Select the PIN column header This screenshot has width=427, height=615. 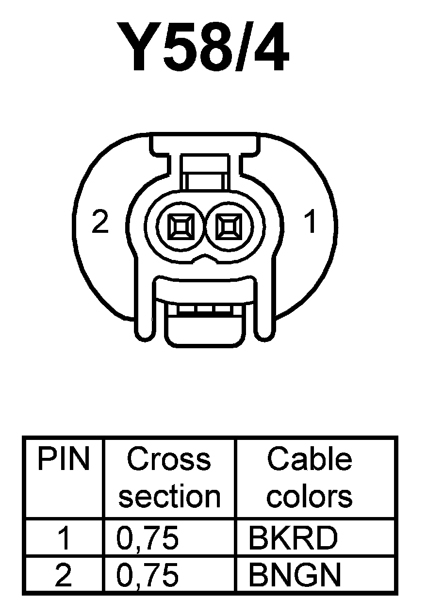tap(64, 459)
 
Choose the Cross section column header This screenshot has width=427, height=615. tap(169, 478)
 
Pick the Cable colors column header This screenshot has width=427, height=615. tap(310, 478)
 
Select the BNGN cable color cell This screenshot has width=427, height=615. tap(295, 575)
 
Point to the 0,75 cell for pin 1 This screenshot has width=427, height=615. tap(148, 538)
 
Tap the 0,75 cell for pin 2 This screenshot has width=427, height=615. tap(148, 575)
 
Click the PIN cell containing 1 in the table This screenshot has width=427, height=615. tap(64, 538)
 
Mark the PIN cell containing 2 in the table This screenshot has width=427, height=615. tap(64, 575)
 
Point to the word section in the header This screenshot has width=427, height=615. tap(169, 497)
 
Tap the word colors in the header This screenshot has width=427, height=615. tap(310, 497)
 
